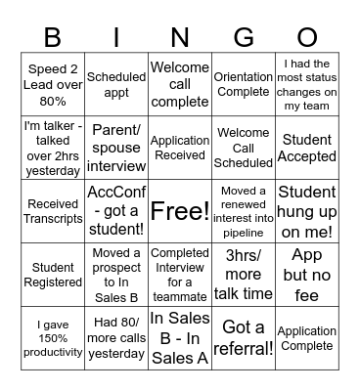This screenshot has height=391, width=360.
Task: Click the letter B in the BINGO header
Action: [x=53, y=37]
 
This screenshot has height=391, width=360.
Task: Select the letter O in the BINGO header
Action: [x=307, y=37]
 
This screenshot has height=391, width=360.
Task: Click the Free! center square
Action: [x=180, y=211]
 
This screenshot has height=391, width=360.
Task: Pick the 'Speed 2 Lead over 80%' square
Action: [x=53, y=85]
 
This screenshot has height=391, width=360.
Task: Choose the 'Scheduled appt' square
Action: [x=116, y=85]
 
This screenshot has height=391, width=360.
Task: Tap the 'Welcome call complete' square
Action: [x=180, y=85]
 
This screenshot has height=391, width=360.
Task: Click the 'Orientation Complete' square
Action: [x=243, y=85]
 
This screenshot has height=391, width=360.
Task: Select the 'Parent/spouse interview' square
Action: [x=116, y=148]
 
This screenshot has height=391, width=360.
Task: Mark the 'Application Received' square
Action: [x=180, y=148]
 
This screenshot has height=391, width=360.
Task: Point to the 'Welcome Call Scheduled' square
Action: [x=243, y=148]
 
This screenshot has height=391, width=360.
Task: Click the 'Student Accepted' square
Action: [x=307, y=148]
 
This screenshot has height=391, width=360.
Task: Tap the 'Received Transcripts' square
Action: [x=53, y=211]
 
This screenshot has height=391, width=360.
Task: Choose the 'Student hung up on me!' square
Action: [x=307, y=211]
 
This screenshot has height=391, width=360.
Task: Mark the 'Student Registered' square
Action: [x=53, y=275]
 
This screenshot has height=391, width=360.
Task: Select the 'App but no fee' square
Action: [x=307, y=275]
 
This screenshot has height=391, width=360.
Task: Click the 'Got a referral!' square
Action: [x=243, y=338]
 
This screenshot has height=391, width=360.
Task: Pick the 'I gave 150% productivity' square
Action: [x=53, y=338]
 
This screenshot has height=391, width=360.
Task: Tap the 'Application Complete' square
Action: [x=307, y=338]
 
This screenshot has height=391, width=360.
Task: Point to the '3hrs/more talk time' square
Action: [x=243, y=275]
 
